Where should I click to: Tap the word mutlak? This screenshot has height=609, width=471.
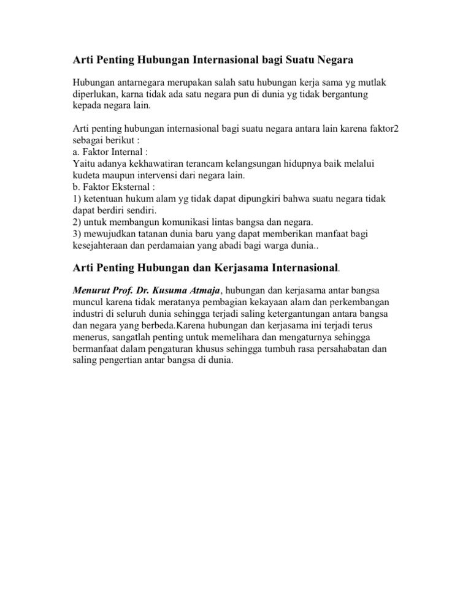[361, 83]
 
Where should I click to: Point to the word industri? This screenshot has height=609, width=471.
[88, 314]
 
